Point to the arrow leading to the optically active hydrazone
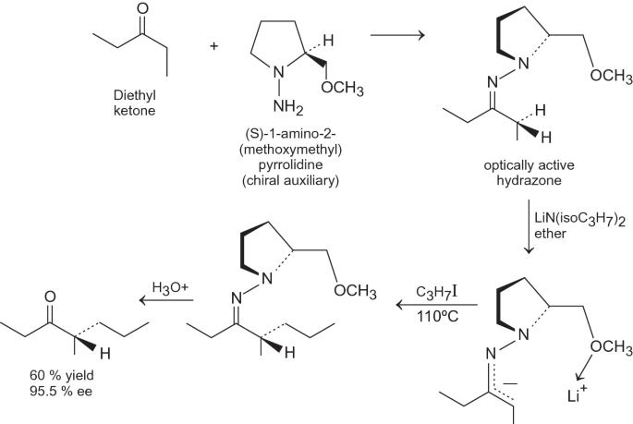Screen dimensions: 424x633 point(396,37)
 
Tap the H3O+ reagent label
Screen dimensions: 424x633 point(169,286)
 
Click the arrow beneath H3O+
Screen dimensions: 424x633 point(168,300)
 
